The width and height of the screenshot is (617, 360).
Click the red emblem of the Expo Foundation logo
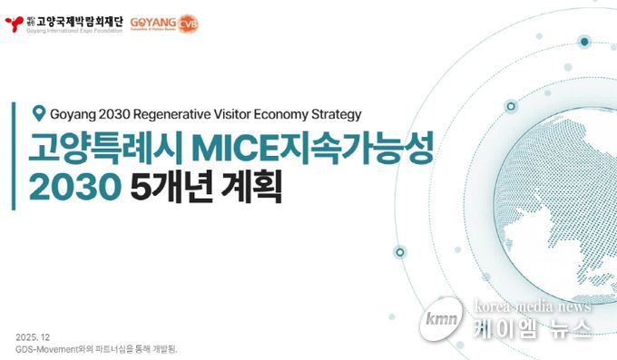(11, 21)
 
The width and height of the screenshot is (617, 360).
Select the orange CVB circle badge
(188, 23)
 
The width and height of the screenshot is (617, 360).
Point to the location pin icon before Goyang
(38, 113)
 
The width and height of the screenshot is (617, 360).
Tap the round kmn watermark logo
(443, 322)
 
